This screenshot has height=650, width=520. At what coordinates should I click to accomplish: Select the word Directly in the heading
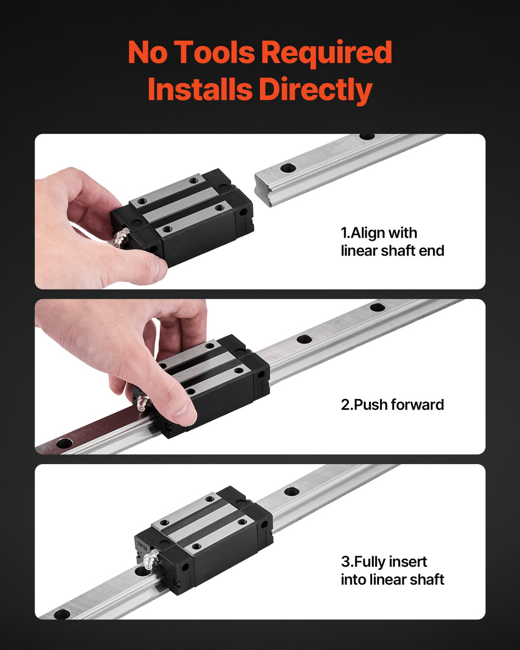tap(316, 90)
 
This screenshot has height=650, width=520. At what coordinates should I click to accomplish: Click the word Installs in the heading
tap(200, 89)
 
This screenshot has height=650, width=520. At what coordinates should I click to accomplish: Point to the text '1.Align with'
tap(379, 233)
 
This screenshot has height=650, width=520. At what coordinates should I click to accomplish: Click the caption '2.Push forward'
tap(392, 404)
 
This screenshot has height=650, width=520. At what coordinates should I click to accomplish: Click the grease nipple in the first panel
tap(121, 238)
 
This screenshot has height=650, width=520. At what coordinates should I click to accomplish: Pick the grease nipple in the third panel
tap(151, 560)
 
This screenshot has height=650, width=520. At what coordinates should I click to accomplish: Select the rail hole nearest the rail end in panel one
tap(288, 168)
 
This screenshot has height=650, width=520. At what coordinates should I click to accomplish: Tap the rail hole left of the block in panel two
tap(64, 443)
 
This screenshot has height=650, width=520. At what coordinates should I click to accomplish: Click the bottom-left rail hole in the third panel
tap(61, 614)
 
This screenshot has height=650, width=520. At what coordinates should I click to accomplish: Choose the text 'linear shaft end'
tap(392, 251)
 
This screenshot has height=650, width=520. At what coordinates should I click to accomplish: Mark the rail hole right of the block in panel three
tap(291, 492)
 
